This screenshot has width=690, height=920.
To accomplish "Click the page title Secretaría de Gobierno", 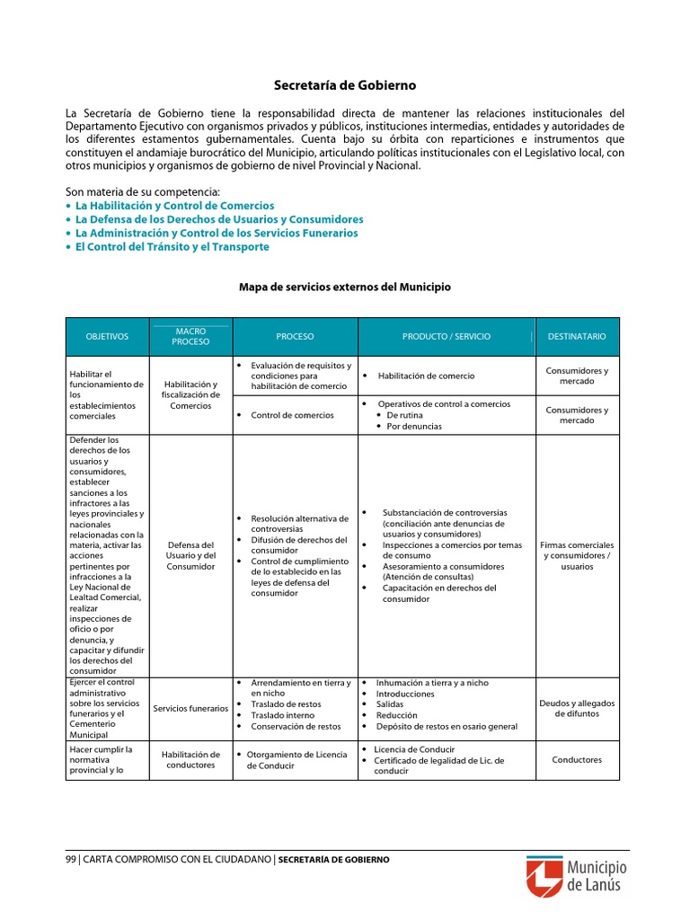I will (x=345, y=85).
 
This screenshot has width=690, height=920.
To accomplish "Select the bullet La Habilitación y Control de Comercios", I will (x=174, y=206).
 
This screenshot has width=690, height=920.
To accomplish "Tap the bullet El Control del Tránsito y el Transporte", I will (x=172, y=246).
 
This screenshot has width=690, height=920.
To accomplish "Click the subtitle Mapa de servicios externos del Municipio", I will (x=345, y=287).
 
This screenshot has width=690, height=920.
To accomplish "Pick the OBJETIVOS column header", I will (x=107, y=336).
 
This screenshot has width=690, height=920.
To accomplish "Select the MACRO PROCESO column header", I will (x=190, y=336).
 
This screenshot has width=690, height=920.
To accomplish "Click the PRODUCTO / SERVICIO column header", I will (x=447, y=336).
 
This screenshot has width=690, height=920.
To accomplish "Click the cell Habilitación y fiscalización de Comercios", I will (x=190, y=394).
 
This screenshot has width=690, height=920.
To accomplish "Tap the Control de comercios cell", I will (x=292, y=415).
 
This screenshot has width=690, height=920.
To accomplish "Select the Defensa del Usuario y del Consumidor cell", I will (x=190, y=555).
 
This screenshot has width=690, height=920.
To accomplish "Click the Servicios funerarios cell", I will (x=190, y=708).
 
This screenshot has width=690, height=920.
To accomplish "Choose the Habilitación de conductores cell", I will (x=190, y=760).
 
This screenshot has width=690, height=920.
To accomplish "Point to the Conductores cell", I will (x=577, y=760).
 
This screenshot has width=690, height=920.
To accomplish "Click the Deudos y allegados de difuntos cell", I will (x=577, y=708).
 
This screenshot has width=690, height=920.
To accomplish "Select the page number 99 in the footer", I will (x=71, y=859).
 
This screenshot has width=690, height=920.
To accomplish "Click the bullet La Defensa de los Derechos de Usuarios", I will (x=219, y=219).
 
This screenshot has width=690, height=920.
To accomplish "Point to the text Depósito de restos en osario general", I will (x=447, y=726).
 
